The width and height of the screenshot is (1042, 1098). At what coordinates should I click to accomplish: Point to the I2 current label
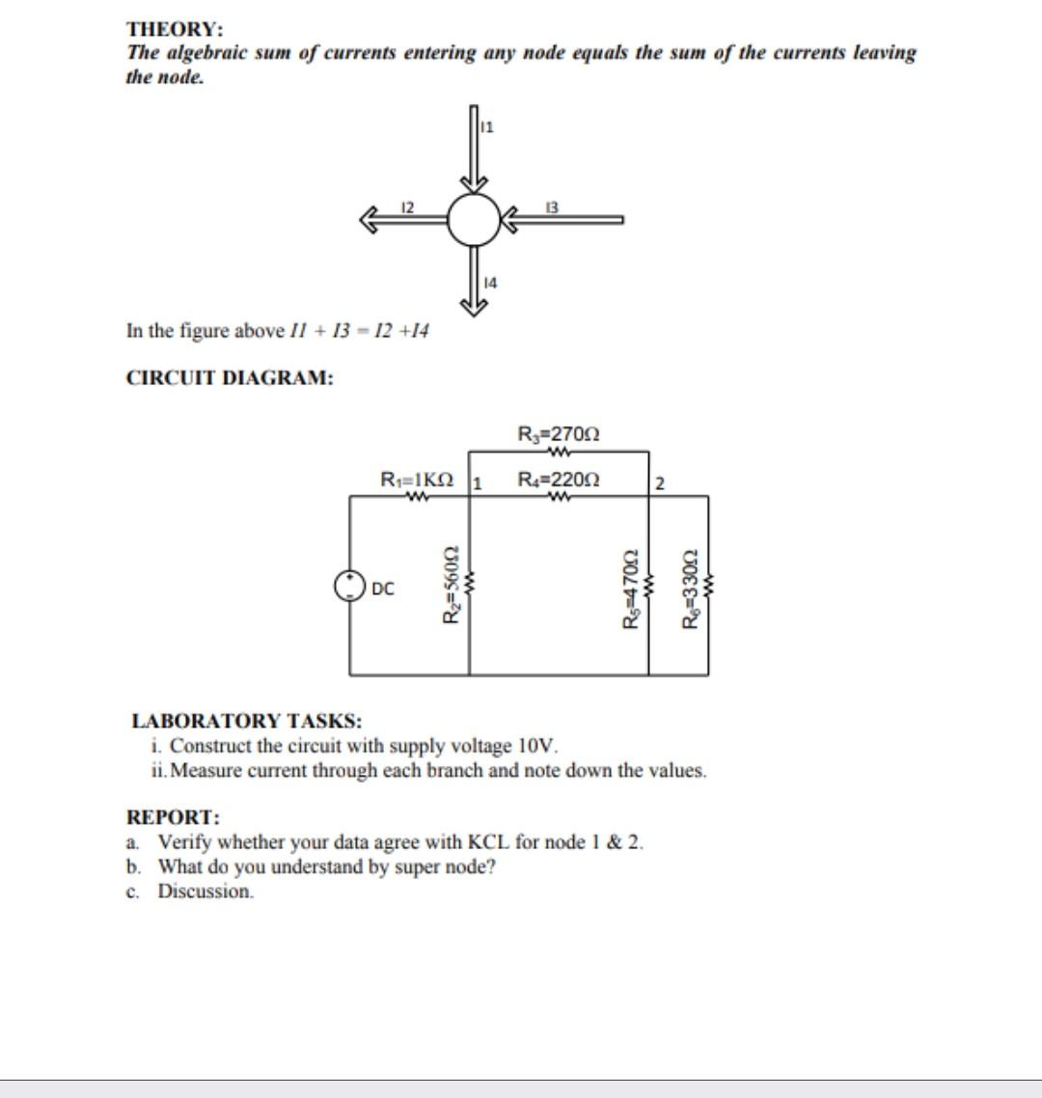407,206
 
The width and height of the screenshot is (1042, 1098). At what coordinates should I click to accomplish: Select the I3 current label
551,206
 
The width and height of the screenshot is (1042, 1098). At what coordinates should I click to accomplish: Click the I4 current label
489,283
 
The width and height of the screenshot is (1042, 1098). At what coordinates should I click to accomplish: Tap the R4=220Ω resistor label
559,479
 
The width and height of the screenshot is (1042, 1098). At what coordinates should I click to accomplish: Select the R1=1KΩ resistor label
417,479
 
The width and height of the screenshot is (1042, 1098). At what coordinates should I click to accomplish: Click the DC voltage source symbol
348,586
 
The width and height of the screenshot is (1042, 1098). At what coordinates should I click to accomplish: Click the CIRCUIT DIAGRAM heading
231,378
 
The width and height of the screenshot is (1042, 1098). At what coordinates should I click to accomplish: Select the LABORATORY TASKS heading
247,721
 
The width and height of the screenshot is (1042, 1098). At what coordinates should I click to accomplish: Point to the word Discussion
206,892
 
